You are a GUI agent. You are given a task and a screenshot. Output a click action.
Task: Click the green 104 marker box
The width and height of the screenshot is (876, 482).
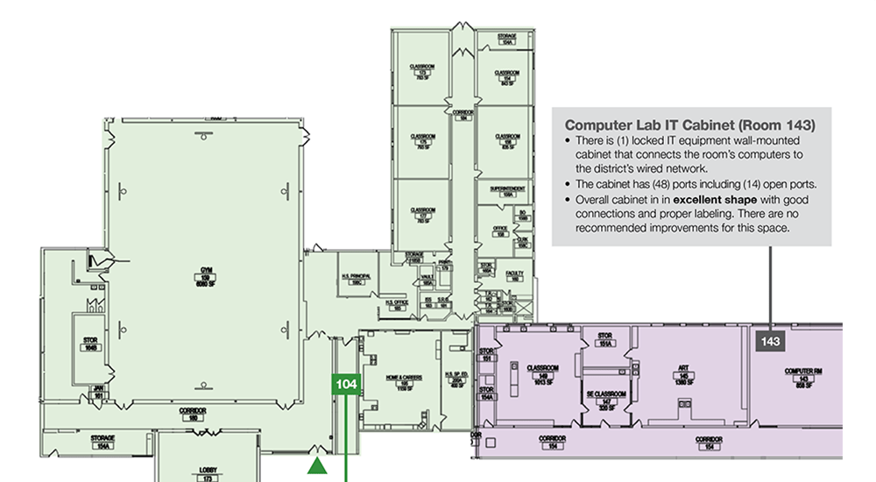(x=347, y=384)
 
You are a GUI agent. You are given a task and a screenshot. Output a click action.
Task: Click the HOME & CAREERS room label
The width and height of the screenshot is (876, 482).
(x=405, y=382)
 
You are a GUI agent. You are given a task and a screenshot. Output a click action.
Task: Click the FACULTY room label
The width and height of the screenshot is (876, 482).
(x=516, y=277)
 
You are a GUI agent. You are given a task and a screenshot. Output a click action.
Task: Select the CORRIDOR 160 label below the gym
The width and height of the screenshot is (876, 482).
(x=192, y=412)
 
